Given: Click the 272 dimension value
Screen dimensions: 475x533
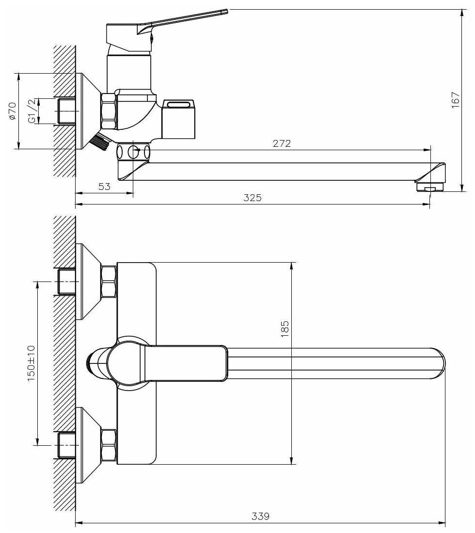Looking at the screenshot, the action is tap(282, 143).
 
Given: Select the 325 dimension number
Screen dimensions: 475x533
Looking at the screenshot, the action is tap(253, 198).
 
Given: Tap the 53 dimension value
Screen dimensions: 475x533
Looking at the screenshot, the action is tap(104, 186).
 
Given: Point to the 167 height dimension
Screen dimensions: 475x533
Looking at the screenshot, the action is tap(455, 100).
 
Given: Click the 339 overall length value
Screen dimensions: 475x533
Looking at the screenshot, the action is tap(260, 516).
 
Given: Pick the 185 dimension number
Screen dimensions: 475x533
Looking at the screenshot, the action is tap(285, 329).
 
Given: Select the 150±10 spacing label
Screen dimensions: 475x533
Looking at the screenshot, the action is tap(32, 363).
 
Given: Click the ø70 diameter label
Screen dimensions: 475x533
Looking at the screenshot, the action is tap(12, 111).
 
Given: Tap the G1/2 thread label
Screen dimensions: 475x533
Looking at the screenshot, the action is tap(32, 111).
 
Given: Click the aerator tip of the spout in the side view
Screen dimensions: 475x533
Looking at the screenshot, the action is tap(430, 188).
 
